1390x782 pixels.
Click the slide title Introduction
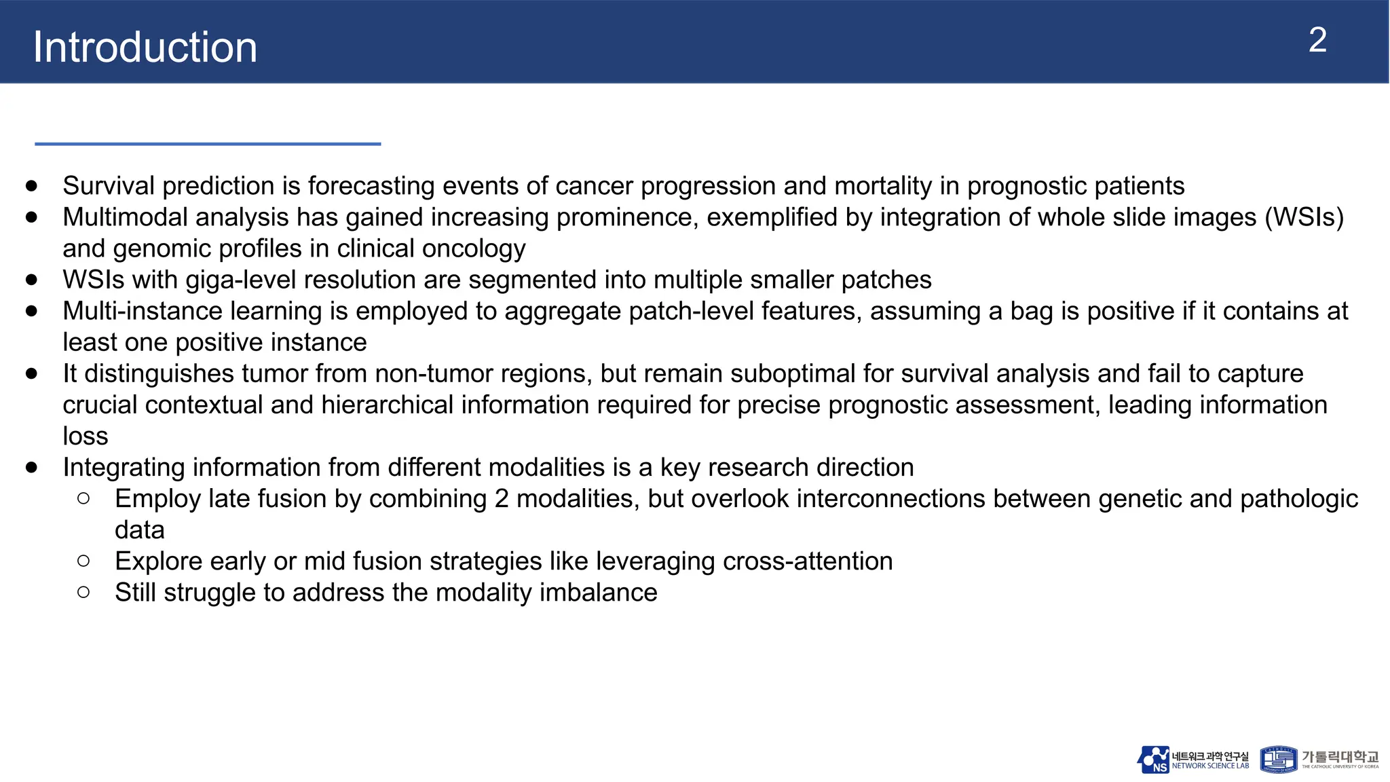point(145,47)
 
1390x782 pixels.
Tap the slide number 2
point(1317,40)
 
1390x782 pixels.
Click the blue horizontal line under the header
point(208,144)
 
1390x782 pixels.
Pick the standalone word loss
point(86,436)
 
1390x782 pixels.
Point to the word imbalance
point(599,592)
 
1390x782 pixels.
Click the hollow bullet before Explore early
point(83,561)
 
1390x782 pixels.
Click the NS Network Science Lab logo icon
point(1153,760)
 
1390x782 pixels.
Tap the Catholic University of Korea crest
point(1278,760)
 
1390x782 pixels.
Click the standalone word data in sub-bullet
point(140,529)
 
